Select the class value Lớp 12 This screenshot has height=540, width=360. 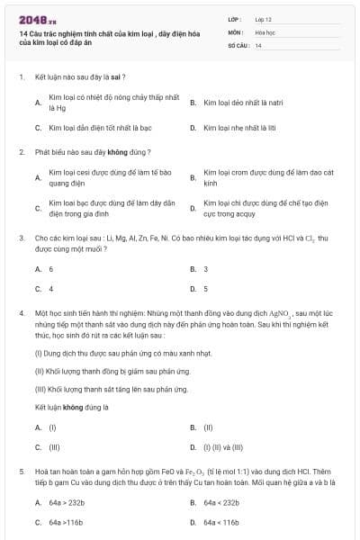(263, 18)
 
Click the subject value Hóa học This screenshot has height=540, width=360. (265, 31)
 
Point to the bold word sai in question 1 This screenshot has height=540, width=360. (114, 77)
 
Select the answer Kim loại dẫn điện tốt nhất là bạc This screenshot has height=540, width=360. (87, 128)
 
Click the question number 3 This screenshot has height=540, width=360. (20, 238)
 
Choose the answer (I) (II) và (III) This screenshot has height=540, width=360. (221, 446)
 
